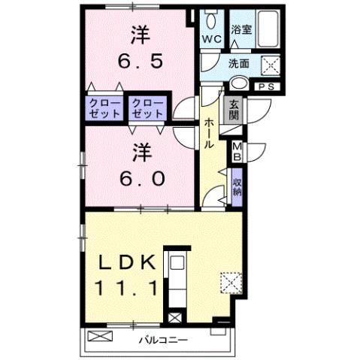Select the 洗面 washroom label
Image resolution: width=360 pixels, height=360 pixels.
pyautogui.click(x=240, y=65)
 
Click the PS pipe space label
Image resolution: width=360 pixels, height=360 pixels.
pyautogui.click(x=265, y=87)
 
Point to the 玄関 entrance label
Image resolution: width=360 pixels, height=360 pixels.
pyautogui.click(x=233, y=111)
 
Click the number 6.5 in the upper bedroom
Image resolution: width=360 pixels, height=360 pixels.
pyautogui.click(x=139, y=59)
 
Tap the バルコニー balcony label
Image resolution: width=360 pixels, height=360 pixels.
pyautogui.click(x=163, y=340)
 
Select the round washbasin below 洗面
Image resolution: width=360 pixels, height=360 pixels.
pyautogui.click(x=240, y=83)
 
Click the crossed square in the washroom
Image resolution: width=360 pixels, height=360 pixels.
pyautogui.click(x=269, y=65)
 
